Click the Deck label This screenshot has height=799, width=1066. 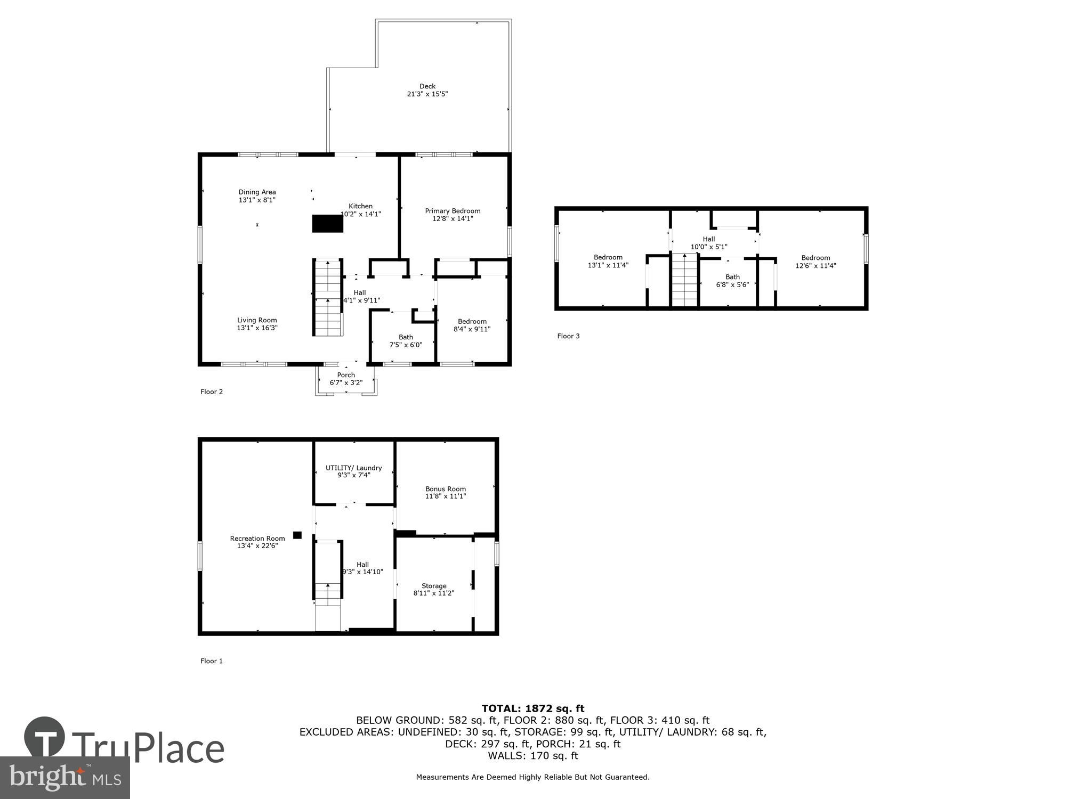[x=427, y=86]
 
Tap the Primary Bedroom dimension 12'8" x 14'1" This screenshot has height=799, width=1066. [x=453, y=218]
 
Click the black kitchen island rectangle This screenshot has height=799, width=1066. [x=327, y=224]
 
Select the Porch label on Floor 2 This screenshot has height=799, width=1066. [x=346, y=375]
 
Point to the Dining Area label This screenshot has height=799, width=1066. [x=257, y=192]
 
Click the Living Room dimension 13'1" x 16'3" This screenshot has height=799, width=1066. [x=257, y=328]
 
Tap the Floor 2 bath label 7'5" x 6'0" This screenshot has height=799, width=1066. [x=406, y=345]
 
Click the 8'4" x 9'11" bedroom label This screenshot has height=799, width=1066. [x=472, y=329]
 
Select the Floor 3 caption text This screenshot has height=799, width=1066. [x=568, y=336]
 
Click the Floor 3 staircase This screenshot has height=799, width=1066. [x=684, y=280]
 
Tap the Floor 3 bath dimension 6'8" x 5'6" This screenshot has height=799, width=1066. [x=732, y=284]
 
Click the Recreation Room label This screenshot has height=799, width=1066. [x=257, y=539]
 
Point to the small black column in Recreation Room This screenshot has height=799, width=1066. [x=297, y=535]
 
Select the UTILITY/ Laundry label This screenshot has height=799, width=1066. [x=353, y=468]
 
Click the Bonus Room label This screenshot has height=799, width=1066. [x=446, y=489]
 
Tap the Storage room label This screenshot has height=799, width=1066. [x=434, y=586]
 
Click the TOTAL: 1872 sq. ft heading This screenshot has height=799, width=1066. [x=533, y=708]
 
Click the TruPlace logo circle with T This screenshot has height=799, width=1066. [x=45, y=737]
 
